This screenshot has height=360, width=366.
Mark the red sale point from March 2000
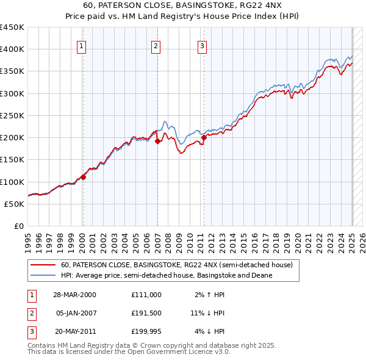(84, 177)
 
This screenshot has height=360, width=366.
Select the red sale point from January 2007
(157, 141)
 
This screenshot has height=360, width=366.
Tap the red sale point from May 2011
(204, 137)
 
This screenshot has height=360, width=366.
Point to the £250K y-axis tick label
(12, 115)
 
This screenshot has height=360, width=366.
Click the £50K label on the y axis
(15, 204)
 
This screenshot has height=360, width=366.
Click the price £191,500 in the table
(146, 313)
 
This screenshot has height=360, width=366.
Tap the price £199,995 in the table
(146, 331)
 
